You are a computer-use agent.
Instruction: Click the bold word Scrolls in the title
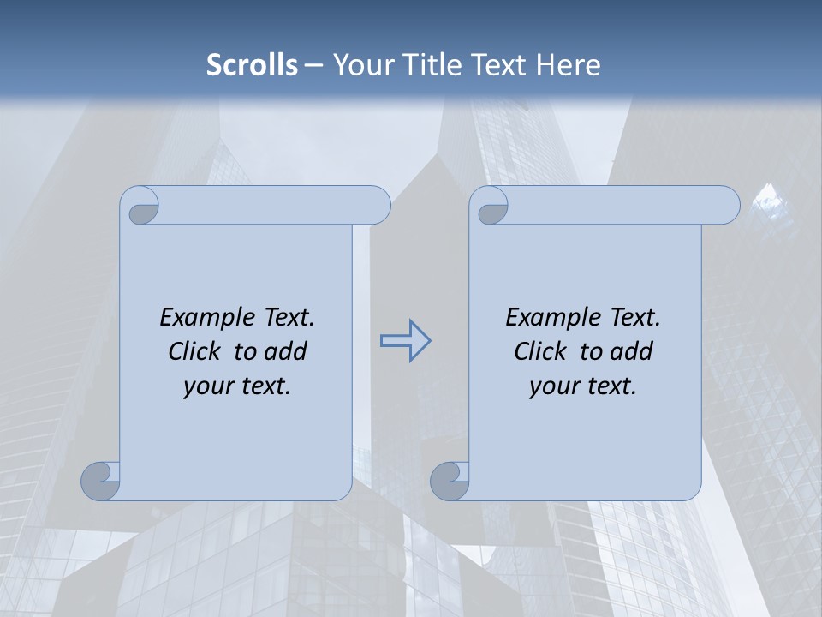click(252, 65)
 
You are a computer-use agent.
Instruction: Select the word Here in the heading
click(568, 65)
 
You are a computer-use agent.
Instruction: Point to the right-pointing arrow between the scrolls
click(405, 341)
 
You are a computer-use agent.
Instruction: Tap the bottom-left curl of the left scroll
click(101, 481)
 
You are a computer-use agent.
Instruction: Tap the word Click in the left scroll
click(198, 351)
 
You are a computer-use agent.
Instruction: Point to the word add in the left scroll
click(285, 351)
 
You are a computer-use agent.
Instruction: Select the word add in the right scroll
click(631, 351)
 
